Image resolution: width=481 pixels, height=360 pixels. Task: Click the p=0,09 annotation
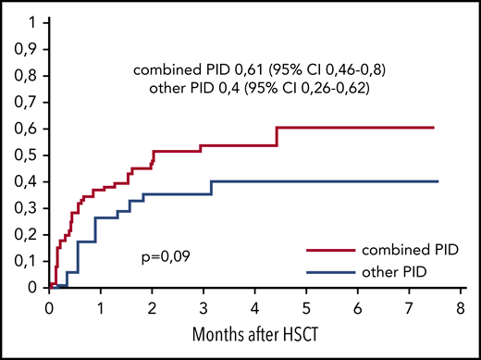tap(163, 250)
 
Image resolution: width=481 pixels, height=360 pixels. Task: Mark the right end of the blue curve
tap(437, 181)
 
